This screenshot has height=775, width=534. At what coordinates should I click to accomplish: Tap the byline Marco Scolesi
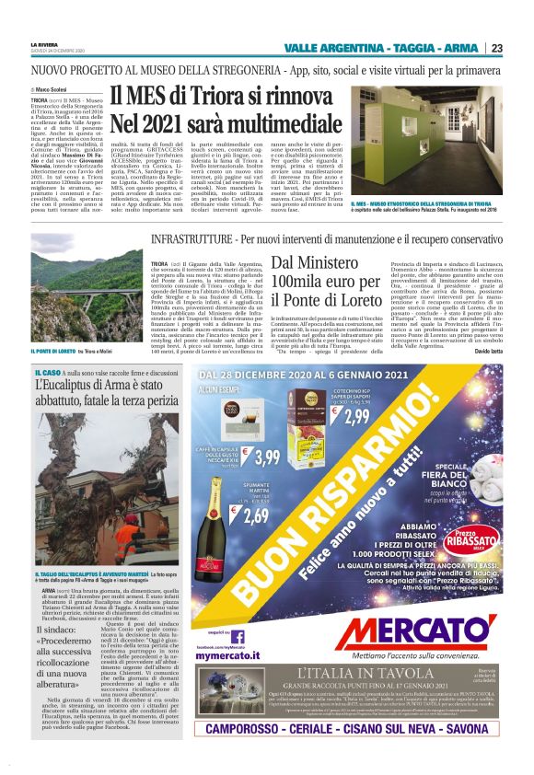pos(56,88)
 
